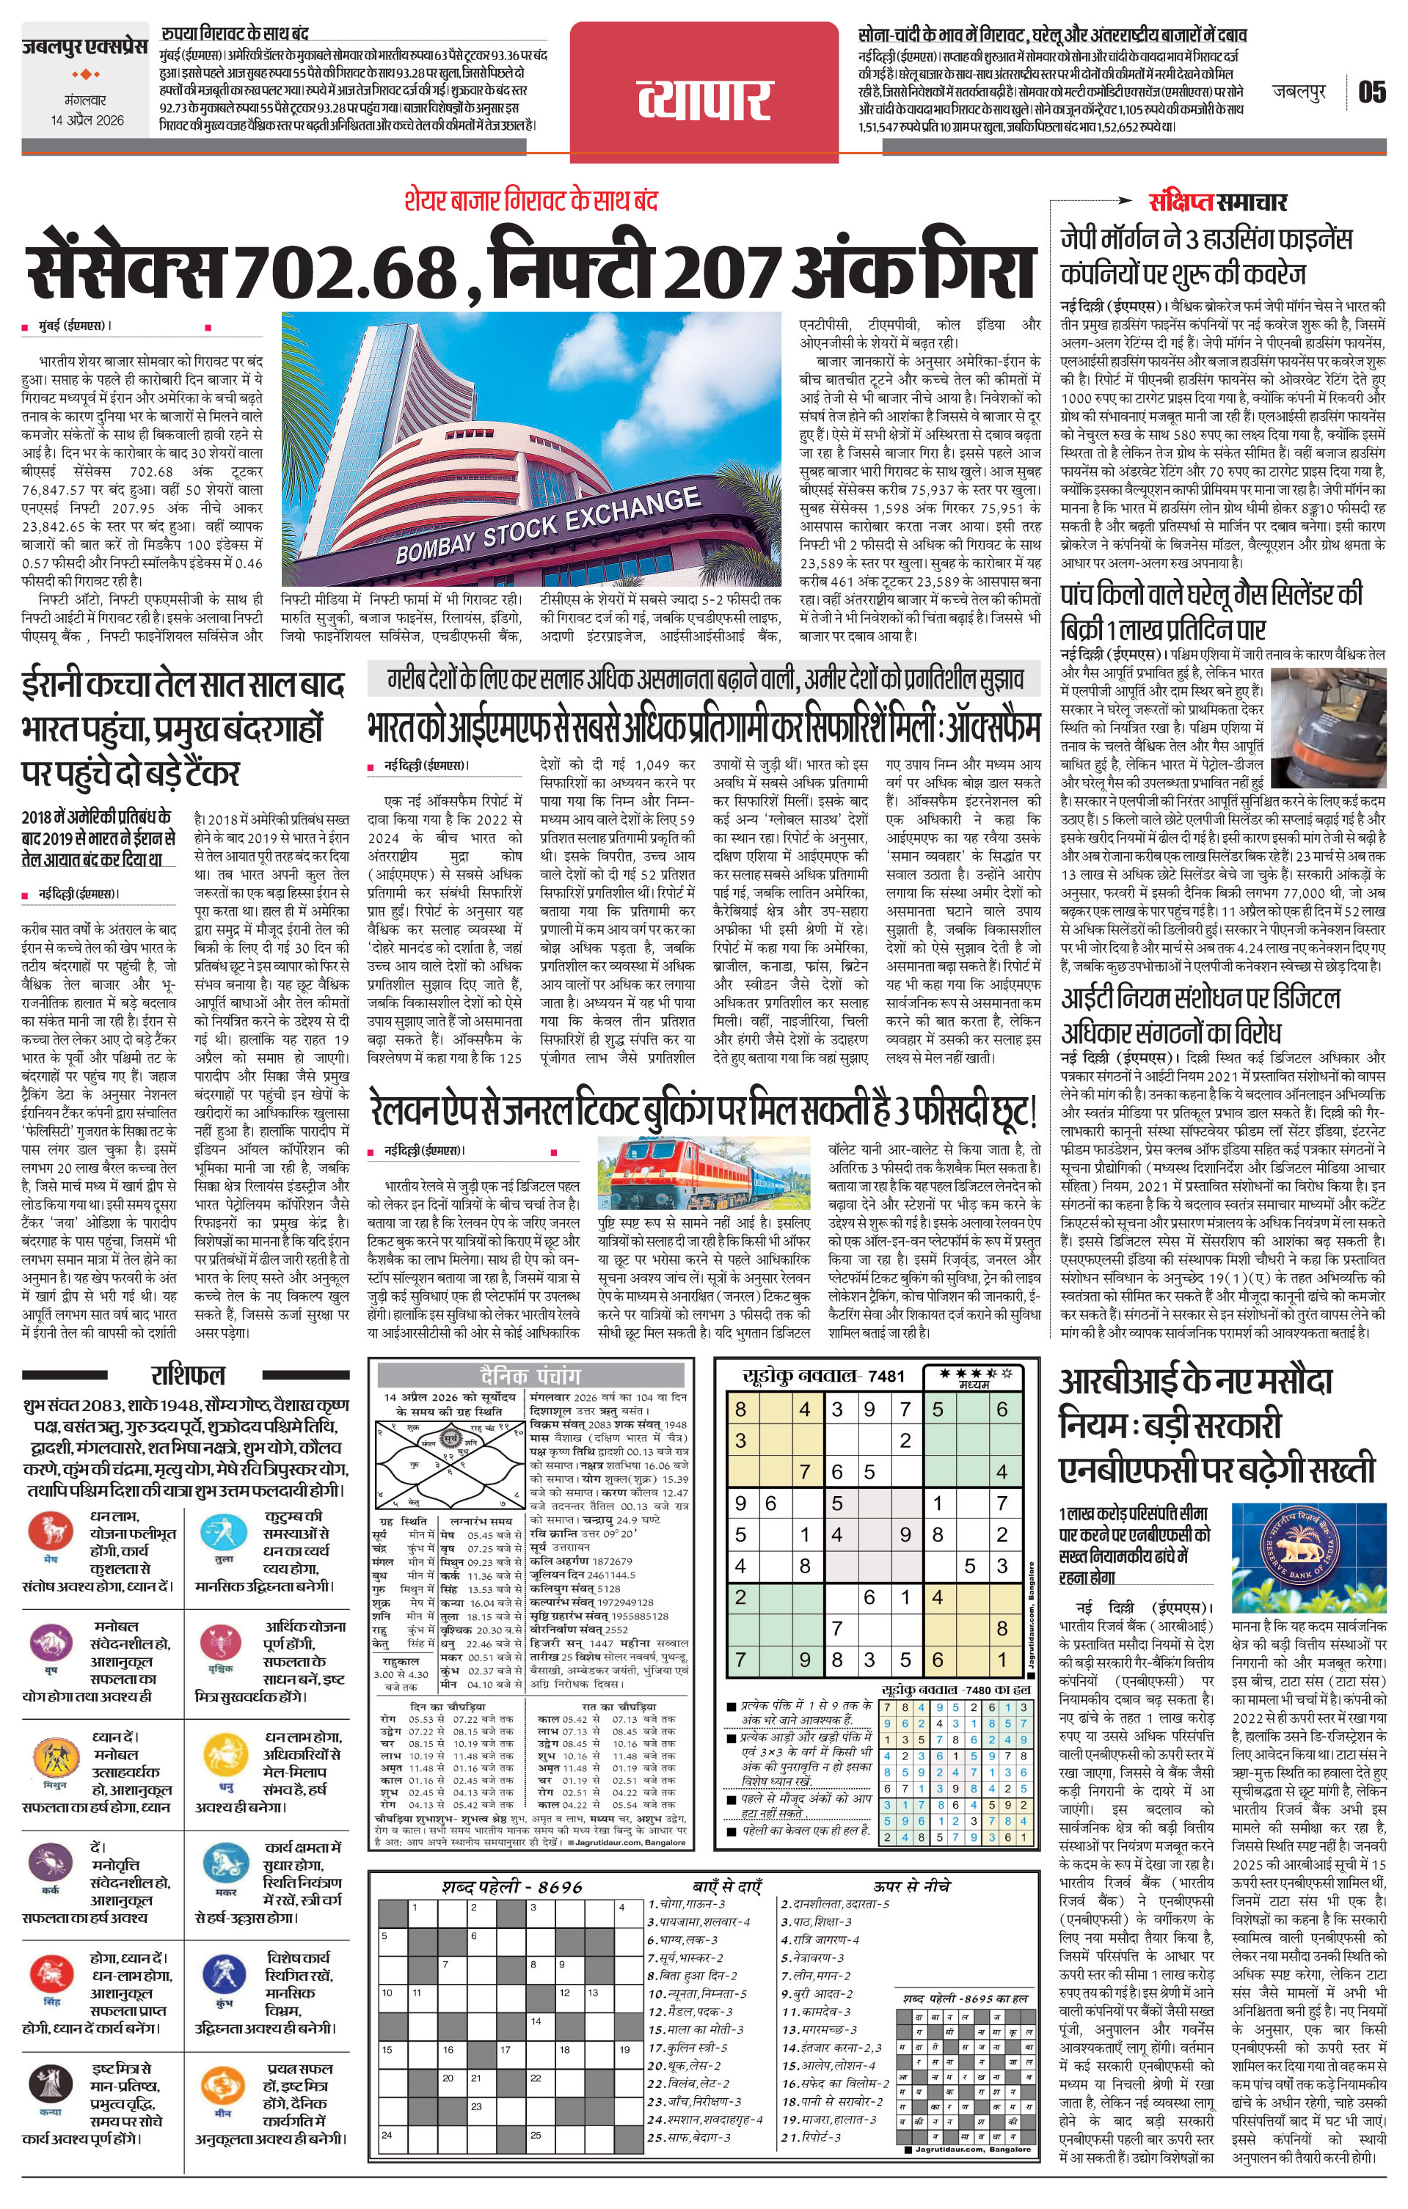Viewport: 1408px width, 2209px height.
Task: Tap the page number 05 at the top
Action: click(1371, 92)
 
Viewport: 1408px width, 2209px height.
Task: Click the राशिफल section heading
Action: click(188, 1375)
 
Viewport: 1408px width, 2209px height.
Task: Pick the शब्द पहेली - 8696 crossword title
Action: click(511, 1886)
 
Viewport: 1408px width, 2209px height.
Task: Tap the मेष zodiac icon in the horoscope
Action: click(51, 1531)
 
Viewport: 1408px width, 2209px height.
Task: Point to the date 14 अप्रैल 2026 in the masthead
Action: click(87, 120)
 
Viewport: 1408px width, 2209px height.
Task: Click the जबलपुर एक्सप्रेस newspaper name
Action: click(85, 46)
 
